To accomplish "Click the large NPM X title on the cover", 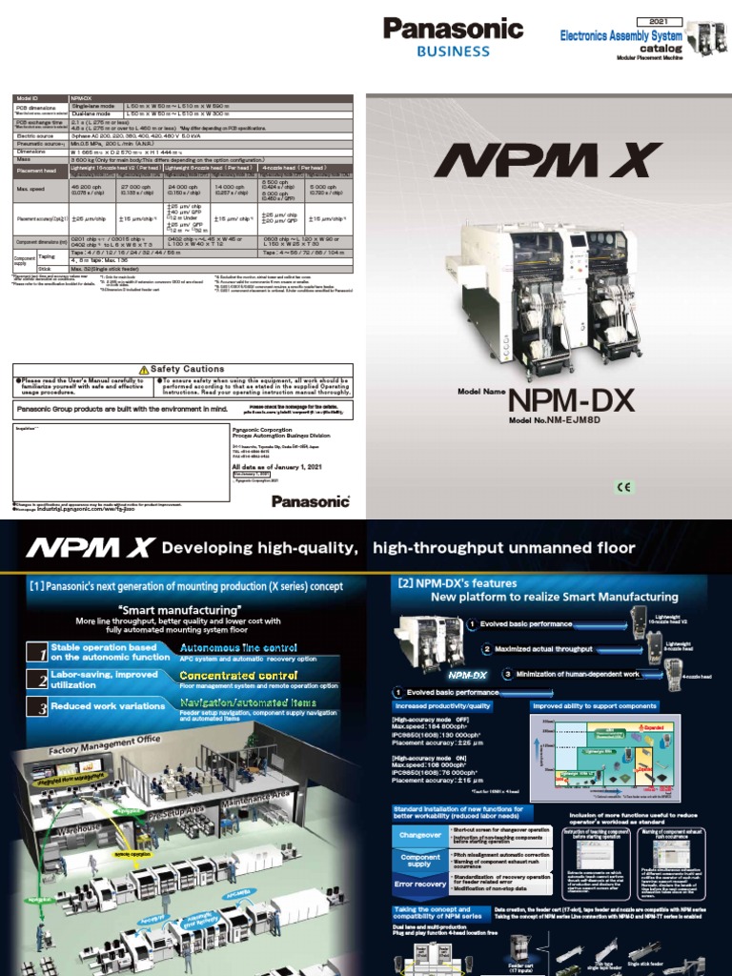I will [549, 166].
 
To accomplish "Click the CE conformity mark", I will [624, 487].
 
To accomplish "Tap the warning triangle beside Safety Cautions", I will [143, 369].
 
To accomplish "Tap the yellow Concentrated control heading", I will [223, 675].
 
